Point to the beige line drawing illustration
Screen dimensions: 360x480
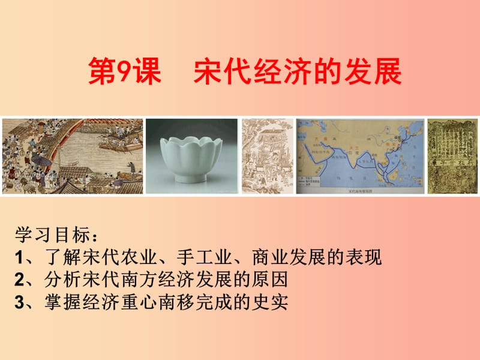coord(266,156)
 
